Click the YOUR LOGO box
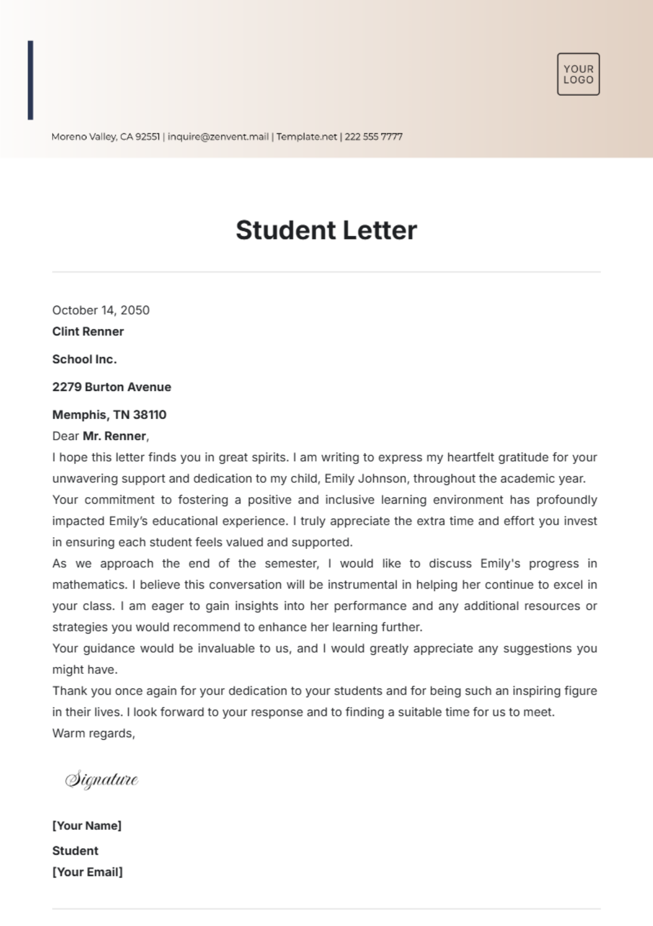pyautogui.click(x=578, y=74)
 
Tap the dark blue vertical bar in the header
pyautogui.click(x=30, y=80)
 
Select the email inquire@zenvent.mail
pyautogui.click(x=218, y=137)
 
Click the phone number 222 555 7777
pyautogui.click(x=373, y=137)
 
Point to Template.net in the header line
pyautogui.click(x=306, y=137)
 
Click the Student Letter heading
pyautogui.click(x=326, y=230)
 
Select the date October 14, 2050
pyautogui.click(x=101, y=310)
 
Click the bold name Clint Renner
pyautogui.click(x=88, y=332)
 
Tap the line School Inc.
pyautogui.click(x=84, y=359)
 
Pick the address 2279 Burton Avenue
pyautogui.click(x=112, y=387)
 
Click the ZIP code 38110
pyautogui.click(x=150, y=415)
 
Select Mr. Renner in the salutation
pyautogui.click(x=115, y=436)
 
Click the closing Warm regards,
pyautogui.click(x=94, y=734)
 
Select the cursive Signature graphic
pyautogui.click(x=102, y=780)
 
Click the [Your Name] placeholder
pyautogui.click(x=87, y=826)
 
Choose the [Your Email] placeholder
pyautogui.click(x=87, y=872)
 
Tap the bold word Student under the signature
pyautogui.click(x=75, y=851)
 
